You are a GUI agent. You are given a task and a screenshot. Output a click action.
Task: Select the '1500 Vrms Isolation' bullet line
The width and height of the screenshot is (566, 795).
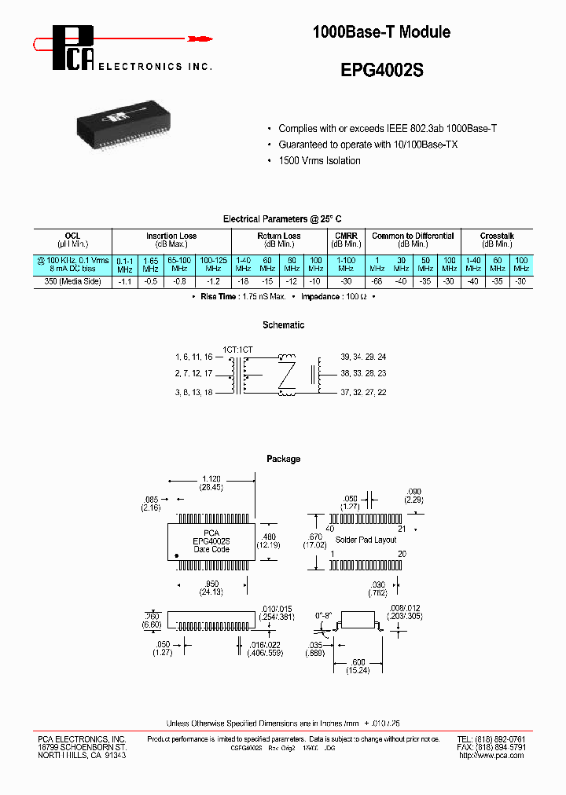click(x=319, y=161)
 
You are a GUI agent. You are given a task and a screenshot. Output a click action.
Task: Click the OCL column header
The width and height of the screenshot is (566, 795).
click(x=72, y=236)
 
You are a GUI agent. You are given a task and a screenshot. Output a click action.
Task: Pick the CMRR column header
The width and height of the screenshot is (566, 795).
click(x=346, y=236)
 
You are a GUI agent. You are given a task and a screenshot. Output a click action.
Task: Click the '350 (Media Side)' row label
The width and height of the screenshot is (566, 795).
click(x=72, y=281)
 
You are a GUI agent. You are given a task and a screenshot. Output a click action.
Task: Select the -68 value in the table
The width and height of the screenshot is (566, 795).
click(x=378, y=281)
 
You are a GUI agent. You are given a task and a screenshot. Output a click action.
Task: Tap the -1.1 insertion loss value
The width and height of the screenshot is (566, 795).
click(x=124, y=281)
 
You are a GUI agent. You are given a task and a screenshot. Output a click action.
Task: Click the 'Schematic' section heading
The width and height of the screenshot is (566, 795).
click(x=283, y=325)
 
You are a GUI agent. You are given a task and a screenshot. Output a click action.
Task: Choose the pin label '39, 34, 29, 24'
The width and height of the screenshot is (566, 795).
click(x=364, y=356)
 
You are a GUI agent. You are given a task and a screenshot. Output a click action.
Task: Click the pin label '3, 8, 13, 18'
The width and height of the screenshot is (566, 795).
click(x=193, y=391)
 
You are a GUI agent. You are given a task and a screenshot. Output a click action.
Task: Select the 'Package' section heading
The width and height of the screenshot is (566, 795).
click(x=283, y=459)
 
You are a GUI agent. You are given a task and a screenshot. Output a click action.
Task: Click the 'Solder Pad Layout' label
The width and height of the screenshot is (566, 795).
click(x=366, y=540)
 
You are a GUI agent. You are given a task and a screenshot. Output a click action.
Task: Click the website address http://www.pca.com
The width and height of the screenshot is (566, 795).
click(x=491, y=755)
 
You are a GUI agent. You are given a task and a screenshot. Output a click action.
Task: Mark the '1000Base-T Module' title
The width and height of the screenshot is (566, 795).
click(x=382, y=32)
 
